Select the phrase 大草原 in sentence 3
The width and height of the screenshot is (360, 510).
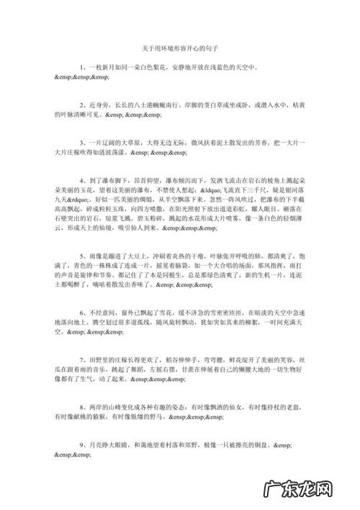coord(127,143)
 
